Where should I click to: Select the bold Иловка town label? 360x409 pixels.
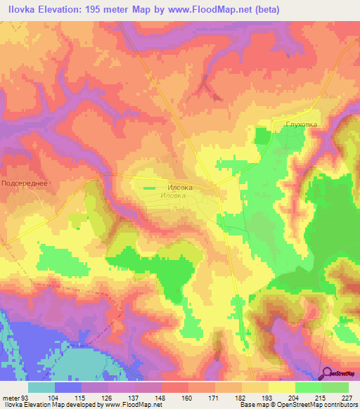[x=179, y=188]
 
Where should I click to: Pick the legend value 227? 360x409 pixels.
[x=347, y=397]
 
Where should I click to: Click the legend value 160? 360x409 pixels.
[x=187, y=397]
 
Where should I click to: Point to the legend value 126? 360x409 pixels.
[x=105, y=397]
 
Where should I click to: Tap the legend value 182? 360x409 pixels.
[x=240, y=397]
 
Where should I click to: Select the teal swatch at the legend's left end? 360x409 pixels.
[x=41, y=387]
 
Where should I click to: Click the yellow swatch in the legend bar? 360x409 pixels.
[x=281, y=387]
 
